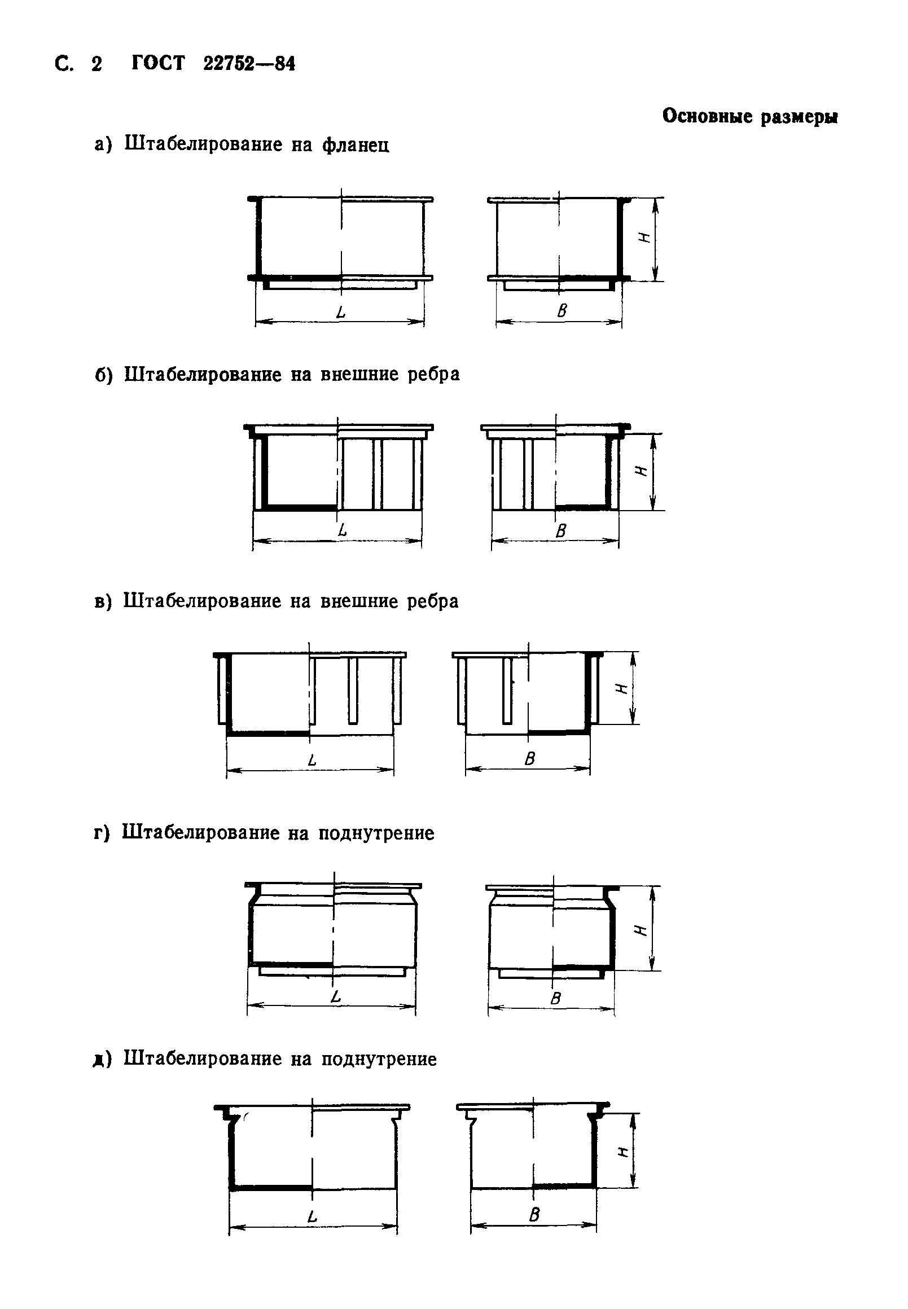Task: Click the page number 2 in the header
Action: (x=96, y=64)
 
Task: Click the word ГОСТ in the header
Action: (x=158, y=63)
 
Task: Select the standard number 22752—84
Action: (x=249, y=64)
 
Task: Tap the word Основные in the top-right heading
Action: (x=707, y=116)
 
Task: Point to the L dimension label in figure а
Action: (x=341, y=312)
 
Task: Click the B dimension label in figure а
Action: (x=562, y=311)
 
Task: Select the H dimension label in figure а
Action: (x=645, y=238)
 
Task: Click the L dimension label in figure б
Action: (x=342, y=531)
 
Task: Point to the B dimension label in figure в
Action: (x=530, y=759)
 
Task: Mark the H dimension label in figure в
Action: (x=622, y=688)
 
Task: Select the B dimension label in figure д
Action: (x=534, y=1215)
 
